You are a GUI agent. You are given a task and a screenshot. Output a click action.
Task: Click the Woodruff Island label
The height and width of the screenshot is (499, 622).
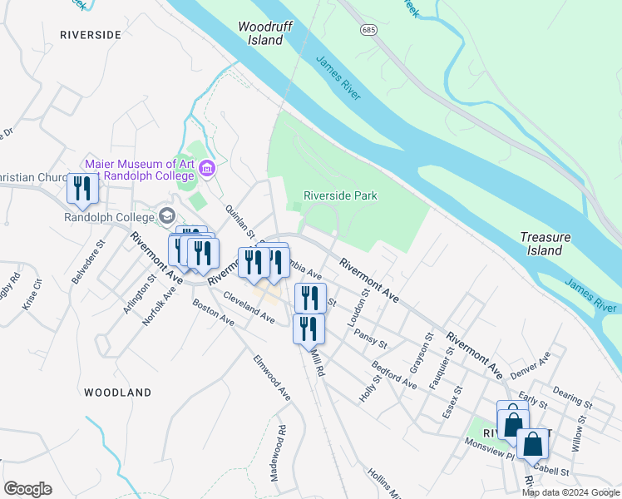[x=261, y=32]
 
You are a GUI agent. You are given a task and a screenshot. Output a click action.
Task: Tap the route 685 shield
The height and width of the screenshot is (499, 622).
[x=368, y=29]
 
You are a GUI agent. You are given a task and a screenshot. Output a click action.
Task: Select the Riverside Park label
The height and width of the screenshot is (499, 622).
[x=341, y=195]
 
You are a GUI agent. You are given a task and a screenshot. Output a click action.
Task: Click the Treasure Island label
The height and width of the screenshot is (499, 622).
[x=545, y=243]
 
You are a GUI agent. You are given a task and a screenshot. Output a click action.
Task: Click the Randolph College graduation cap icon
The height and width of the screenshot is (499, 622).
[x=167, y=216]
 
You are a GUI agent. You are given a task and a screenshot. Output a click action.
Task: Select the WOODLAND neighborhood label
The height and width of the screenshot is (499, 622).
[x=117, y=392]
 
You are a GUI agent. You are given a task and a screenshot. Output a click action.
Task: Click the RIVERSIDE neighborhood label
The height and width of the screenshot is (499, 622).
[x=91, y=35]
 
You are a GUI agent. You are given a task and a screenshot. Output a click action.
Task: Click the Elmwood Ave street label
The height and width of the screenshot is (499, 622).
[x=272, y=378]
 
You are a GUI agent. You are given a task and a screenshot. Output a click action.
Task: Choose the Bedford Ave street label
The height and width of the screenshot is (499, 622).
[x=394, y=376]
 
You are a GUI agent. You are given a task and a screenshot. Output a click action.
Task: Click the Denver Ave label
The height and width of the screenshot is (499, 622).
[x=532, y=363]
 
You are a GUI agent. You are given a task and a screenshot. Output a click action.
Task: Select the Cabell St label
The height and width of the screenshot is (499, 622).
[x=553, y=471]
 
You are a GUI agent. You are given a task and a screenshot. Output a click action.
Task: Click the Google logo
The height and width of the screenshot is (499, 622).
[x=27, y=489]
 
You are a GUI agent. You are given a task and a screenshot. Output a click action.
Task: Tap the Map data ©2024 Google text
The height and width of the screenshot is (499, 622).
[x=570, y=492]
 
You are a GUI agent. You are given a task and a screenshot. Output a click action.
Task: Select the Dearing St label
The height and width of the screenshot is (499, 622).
[x=571, y=389]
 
